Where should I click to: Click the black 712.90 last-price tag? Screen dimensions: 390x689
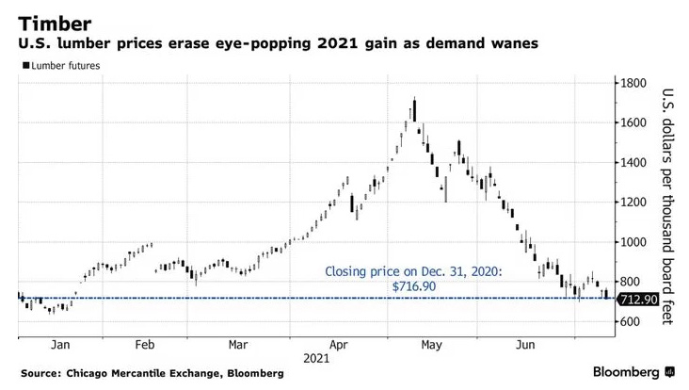(636, 299)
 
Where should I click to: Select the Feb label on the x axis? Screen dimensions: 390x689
(147, 345)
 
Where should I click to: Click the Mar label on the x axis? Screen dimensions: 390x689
(238, 345)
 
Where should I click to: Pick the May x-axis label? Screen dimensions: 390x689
(434, 345)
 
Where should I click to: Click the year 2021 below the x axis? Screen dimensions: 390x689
(316, 359)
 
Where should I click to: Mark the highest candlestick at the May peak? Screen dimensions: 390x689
(414, 106)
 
